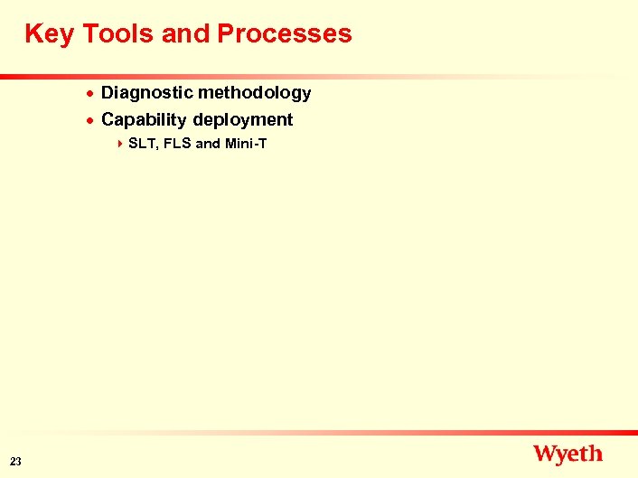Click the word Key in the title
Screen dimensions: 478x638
[x=50, y=34]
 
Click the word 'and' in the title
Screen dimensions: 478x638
[x=186, y=34]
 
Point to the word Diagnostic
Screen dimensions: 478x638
[x=144, y=92]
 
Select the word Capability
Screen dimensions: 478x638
[x=143, y=119]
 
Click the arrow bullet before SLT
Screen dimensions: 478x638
[x=120, y=144]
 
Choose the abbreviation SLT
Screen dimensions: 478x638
[x=143, y=144]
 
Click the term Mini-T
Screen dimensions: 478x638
[x=246, y=144]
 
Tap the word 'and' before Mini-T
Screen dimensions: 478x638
[x=208, y=144]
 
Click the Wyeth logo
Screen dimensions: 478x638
[x=568, y=454]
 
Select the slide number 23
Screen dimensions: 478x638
[x=16, y=462]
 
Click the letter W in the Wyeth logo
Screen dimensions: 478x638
[x=545, y=453]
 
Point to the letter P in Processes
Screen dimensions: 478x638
[x=227, y=34]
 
